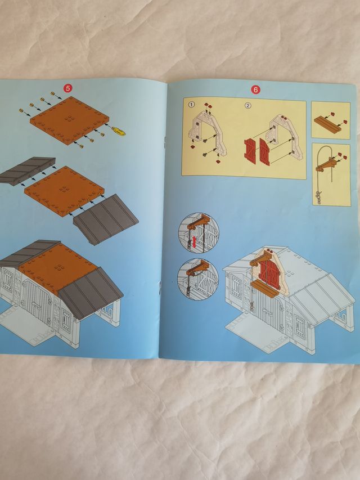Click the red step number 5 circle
(x=68, y=88)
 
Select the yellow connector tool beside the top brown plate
(x=118, y=131)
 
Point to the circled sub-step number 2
(x=248, y=105)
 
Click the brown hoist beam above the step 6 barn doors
(x=262, y=258)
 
